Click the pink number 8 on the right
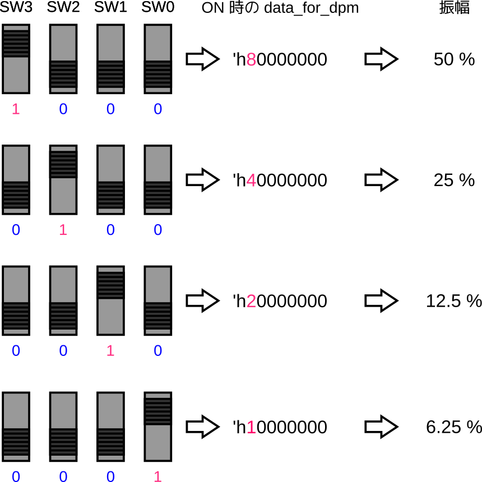[x=251, y=59]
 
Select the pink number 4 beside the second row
[x=251, y=180]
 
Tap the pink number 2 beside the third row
[x=251, y=302]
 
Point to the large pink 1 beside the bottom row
[x=251, y=428]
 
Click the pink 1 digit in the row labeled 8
[x=16, y=109]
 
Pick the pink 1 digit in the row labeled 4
[x=63, y=230]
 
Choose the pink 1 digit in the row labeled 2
[x=110, y=351]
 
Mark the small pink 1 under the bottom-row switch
[x=157, y=476]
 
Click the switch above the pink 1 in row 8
[x=16, y=59]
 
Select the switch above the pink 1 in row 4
[x=63, y=180]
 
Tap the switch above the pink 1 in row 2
[x=110, y=300]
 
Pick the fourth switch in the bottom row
[x=157, y=427]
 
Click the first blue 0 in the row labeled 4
[x=16, y=230]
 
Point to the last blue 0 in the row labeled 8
[x=157, y=109]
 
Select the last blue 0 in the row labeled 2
[x=157, y=351]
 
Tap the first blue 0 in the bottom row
[x=16, y=476]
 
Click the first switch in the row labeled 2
[x=16, y=300]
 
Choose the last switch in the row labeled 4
[x=157, y=180]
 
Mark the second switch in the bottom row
[x=63, y=427]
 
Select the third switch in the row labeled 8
[x=110, y=59]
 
